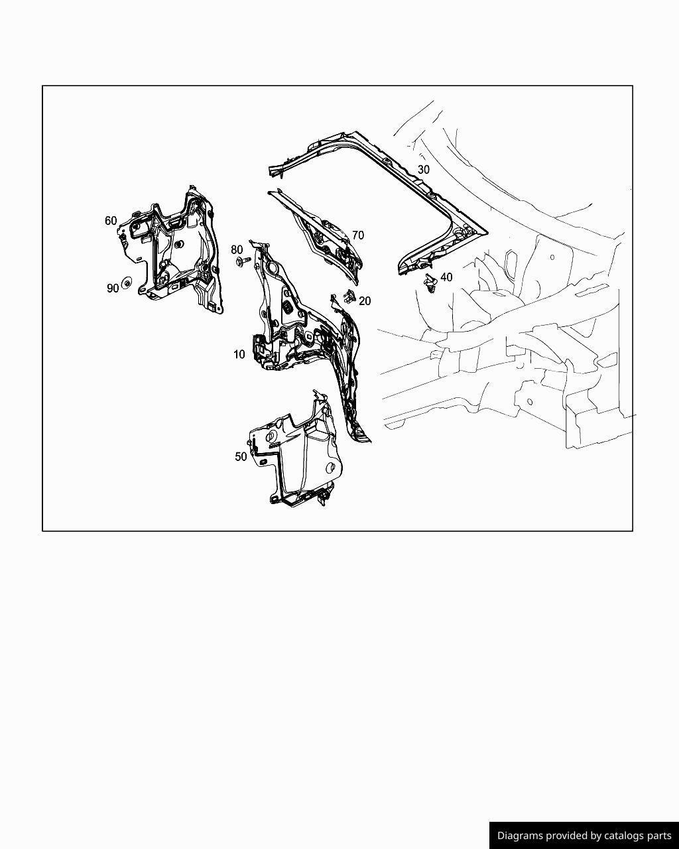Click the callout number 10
coord(239,354)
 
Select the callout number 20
coord(365,300)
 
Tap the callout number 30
coord(424,169)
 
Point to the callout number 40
coord(446,277)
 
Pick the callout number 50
coord(241,456)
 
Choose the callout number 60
coord(111,221)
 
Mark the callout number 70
coord(358,235)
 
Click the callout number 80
coord(237,249)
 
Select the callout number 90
coord(112,288)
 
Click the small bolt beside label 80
coord(242,262)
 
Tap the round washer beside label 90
coord(127,283)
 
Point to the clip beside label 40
coord(430,283)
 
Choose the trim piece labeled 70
coord(325,239)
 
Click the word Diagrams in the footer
coord(521,836)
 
